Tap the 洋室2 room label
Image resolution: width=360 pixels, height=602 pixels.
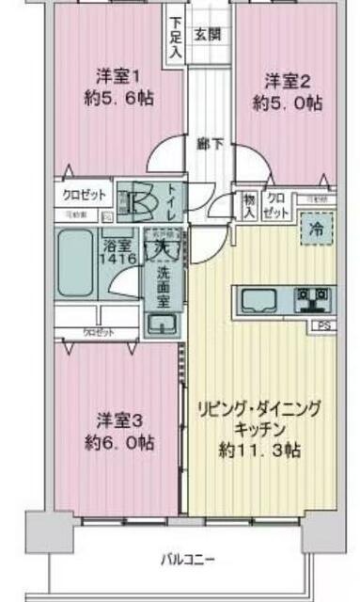coord(285,80)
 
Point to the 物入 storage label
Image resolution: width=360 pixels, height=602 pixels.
coord(248,206)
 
